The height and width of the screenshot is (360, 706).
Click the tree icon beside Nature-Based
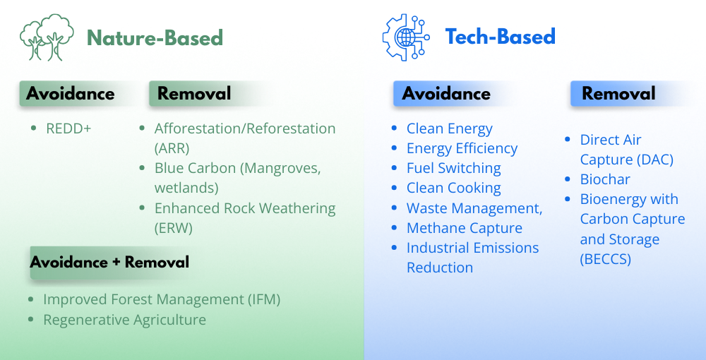point(47,37)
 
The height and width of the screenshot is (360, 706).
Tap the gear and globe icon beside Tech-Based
point(406,37)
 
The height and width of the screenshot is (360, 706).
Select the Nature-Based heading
point(155,38)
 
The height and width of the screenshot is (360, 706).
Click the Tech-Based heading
point(501,37)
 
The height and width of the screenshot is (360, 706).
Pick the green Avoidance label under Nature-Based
point(70,94)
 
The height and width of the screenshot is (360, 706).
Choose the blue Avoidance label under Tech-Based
point(446,94)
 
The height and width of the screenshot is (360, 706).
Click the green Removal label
point(194,94)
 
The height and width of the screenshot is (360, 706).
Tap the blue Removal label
point(618,94)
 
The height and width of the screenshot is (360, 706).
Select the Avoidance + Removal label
point(109,262)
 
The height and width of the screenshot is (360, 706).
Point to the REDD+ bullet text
point(68,128)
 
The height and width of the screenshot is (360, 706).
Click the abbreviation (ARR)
point(172,148)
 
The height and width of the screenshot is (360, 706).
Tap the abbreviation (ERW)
point(174,228)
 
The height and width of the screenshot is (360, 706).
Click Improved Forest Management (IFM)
point(162,300)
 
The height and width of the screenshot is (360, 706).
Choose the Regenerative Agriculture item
point(125,320)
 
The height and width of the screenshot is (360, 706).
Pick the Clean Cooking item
point(453,188)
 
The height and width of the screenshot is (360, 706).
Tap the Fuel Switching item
point(453,168)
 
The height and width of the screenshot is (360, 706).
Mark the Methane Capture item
point(465,228)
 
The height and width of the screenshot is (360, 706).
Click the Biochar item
point(605,179)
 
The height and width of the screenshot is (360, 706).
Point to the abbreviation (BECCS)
point(605,259)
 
